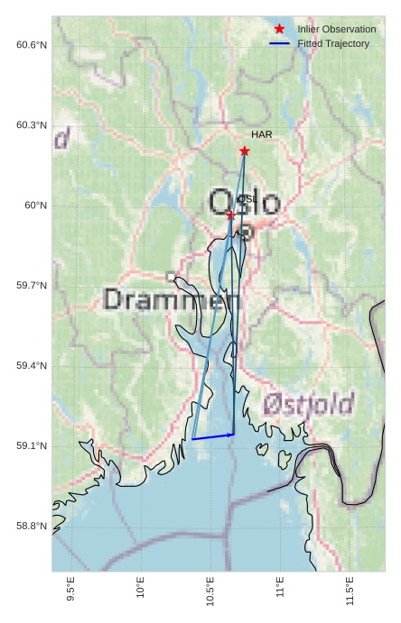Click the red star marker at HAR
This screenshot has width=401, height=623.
[244, 151]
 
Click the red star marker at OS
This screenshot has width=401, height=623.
[230, 215]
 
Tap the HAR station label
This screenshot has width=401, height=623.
[262, 134]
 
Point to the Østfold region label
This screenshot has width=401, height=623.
[309, 404]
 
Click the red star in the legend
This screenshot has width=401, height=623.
[279, 29]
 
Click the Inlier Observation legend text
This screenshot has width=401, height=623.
[337, 29]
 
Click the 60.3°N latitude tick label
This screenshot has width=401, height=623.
[32, 125]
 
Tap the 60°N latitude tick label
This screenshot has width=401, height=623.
[36, 206]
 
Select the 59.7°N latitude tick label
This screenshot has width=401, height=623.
[32, 286]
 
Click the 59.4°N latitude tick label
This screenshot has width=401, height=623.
[32, 366]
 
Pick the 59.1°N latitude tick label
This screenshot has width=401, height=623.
[32, 446]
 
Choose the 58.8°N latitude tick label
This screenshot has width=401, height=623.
[32, 527]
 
